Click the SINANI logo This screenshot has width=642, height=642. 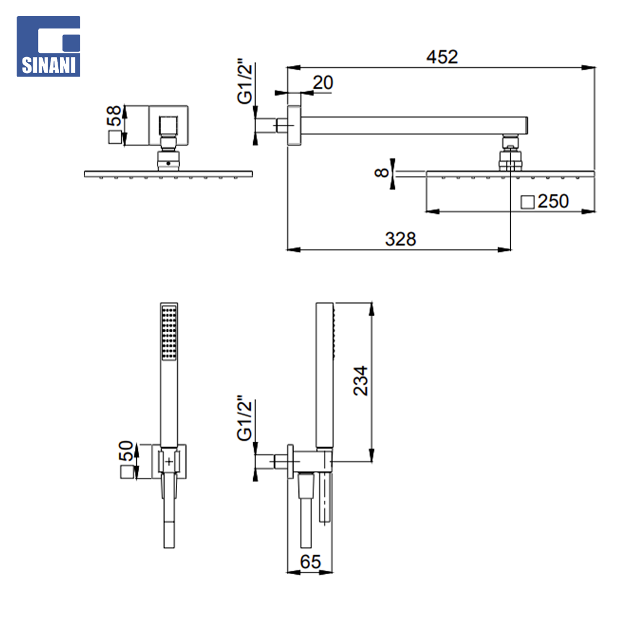pyautogui.click(x=48, y=46)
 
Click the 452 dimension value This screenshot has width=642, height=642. pyautogui.click(x=442, y=57)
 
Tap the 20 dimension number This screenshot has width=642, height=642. pyautogui.click(x=323, y=83)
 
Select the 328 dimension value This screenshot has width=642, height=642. pyautogui.click(x=401, y=239)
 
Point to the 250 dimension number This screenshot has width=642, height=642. pyautogui.click(x=553, y=202)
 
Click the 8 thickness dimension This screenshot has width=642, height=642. pyautogui.click(x=382, y=173)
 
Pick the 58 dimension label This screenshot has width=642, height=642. pyautogui.click(x=114, y=116)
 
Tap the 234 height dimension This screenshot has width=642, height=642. pyautogui.click(x=361, y=381)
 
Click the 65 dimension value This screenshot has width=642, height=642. pyautogui.click(x=310, y=562)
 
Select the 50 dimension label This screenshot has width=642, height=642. pyautogui.click(x=126, y=451)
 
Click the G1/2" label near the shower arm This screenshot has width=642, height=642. pyautogui.click(x=245, y=81)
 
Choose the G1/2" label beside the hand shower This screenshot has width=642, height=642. pyautogui.click(x=245, y=418)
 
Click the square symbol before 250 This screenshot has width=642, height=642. pyautogui.click(x=527, y=202)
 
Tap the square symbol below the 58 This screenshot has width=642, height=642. pyautogui.click(x=115, y=137)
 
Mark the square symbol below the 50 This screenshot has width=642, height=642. pyautogui.click(x=127, y=472)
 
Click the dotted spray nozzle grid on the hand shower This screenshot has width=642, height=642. pyautogui.click(x=169, y=333)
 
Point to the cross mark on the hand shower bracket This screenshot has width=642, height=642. pyautogui.click(x=169, y=462)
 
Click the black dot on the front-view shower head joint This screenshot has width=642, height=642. pyautogui.click(x=168, y=163)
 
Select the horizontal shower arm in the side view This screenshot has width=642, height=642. pyautogui.click(x=414, y=125)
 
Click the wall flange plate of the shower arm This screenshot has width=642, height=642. pyautogui.click(x=294, y=125)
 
